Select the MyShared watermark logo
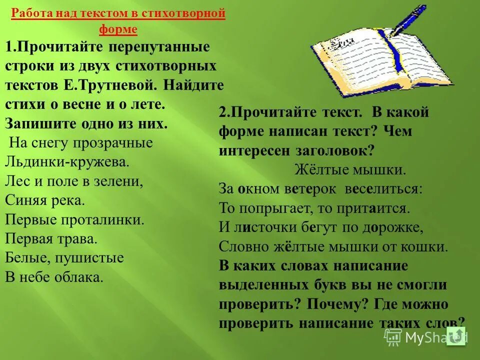click(x=425, y=337)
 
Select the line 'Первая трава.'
click(x=51, y=238)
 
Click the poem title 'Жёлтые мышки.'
click(x=350, y=169)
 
